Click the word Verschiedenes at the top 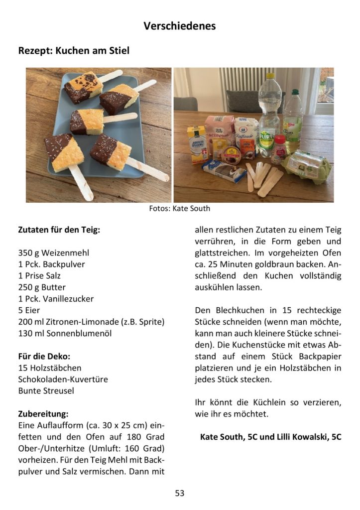(x=180, y=26)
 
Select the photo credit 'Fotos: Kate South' (x=180, y=208)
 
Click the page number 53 (x=180, y=493)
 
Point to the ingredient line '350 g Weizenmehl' (x=53, y=253)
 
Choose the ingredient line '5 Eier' (x=29, y=310)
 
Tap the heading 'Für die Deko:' (x=44, y=357)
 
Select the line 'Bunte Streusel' (x=46, y=391)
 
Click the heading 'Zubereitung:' (x=43, y=414)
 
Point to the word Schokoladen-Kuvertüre (x=63, y=380)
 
